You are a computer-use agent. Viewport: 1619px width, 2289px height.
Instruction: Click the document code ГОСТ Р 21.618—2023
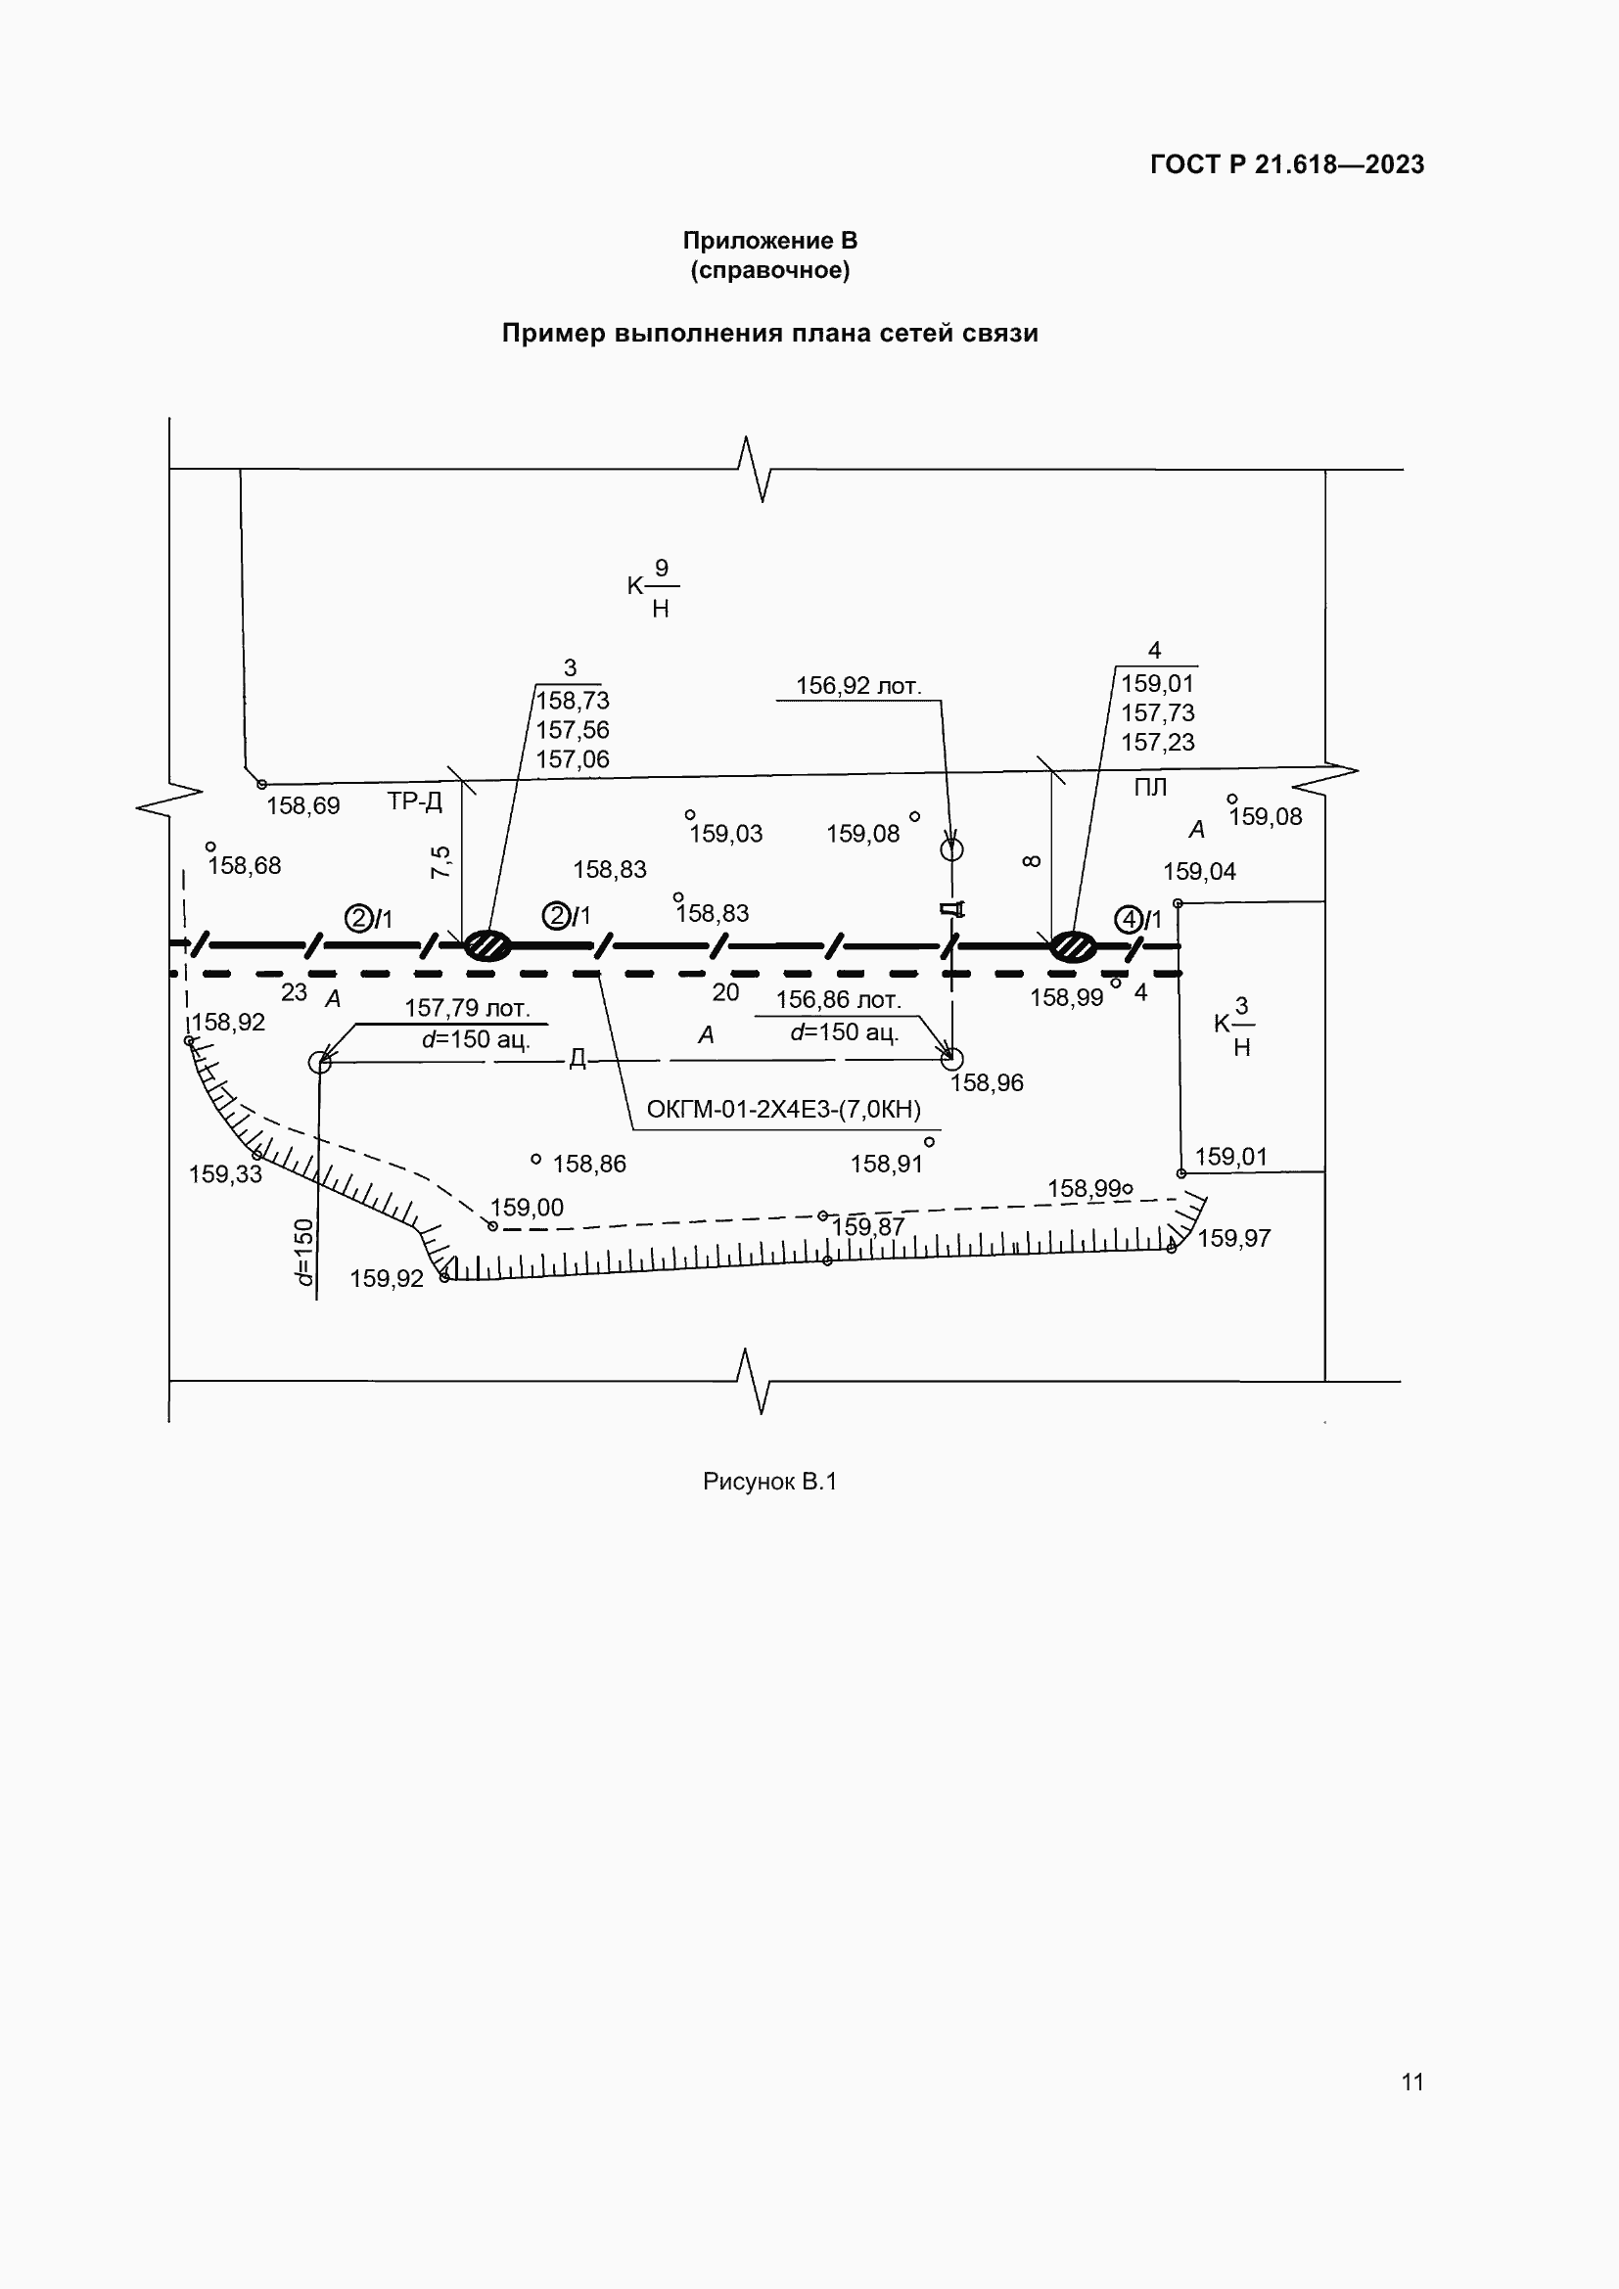(1286, 164)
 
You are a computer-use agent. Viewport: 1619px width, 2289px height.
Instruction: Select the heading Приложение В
(769, 241)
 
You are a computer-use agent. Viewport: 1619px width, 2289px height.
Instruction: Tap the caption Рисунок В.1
(768, 1482)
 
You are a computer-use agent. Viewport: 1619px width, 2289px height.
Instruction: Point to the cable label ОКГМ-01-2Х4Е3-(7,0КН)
(784, 1109)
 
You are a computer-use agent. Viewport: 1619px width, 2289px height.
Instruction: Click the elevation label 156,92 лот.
(857, 686)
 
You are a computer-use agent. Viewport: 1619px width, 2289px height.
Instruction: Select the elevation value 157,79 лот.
(467, 1008)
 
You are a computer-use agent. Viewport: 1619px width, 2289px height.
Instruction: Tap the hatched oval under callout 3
(487, 944)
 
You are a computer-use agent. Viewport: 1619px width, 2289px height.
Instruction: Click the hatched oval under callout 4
(1073, 945)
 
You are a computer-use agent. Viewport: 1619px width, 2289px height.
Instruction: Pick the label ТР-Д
(415, 801)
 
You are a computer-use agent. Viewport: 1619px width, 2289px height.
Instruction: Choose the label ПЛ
(1149, 788)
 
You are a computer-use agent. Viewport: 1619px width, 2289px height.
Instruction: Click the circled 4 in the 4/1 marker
(1128, 919)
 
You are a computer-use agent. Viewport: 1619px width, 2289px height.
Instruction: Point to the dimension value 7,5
(440, 861)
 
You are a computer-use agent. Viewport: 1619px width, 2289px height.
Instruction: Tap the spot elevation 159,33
(225, 1174)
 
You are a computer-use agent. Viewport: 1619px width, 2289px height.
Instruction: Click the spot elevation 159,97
(1233, 1238)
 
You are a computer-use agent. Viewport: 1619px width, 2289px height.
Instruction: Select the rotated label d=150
(304, 1252)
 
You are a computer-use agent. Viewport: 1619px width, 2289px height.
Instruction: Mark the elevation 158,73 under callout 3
(573, 701)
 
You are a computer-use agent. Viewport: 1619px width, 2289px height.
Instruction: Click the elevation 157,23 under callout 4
(1156, 743)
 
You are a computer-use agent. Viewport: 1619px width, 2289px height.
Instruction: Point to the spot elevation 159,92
(386, 1279)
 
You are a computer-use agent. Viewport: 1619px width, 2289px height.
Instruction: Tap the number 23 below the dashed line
(293, 992)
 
